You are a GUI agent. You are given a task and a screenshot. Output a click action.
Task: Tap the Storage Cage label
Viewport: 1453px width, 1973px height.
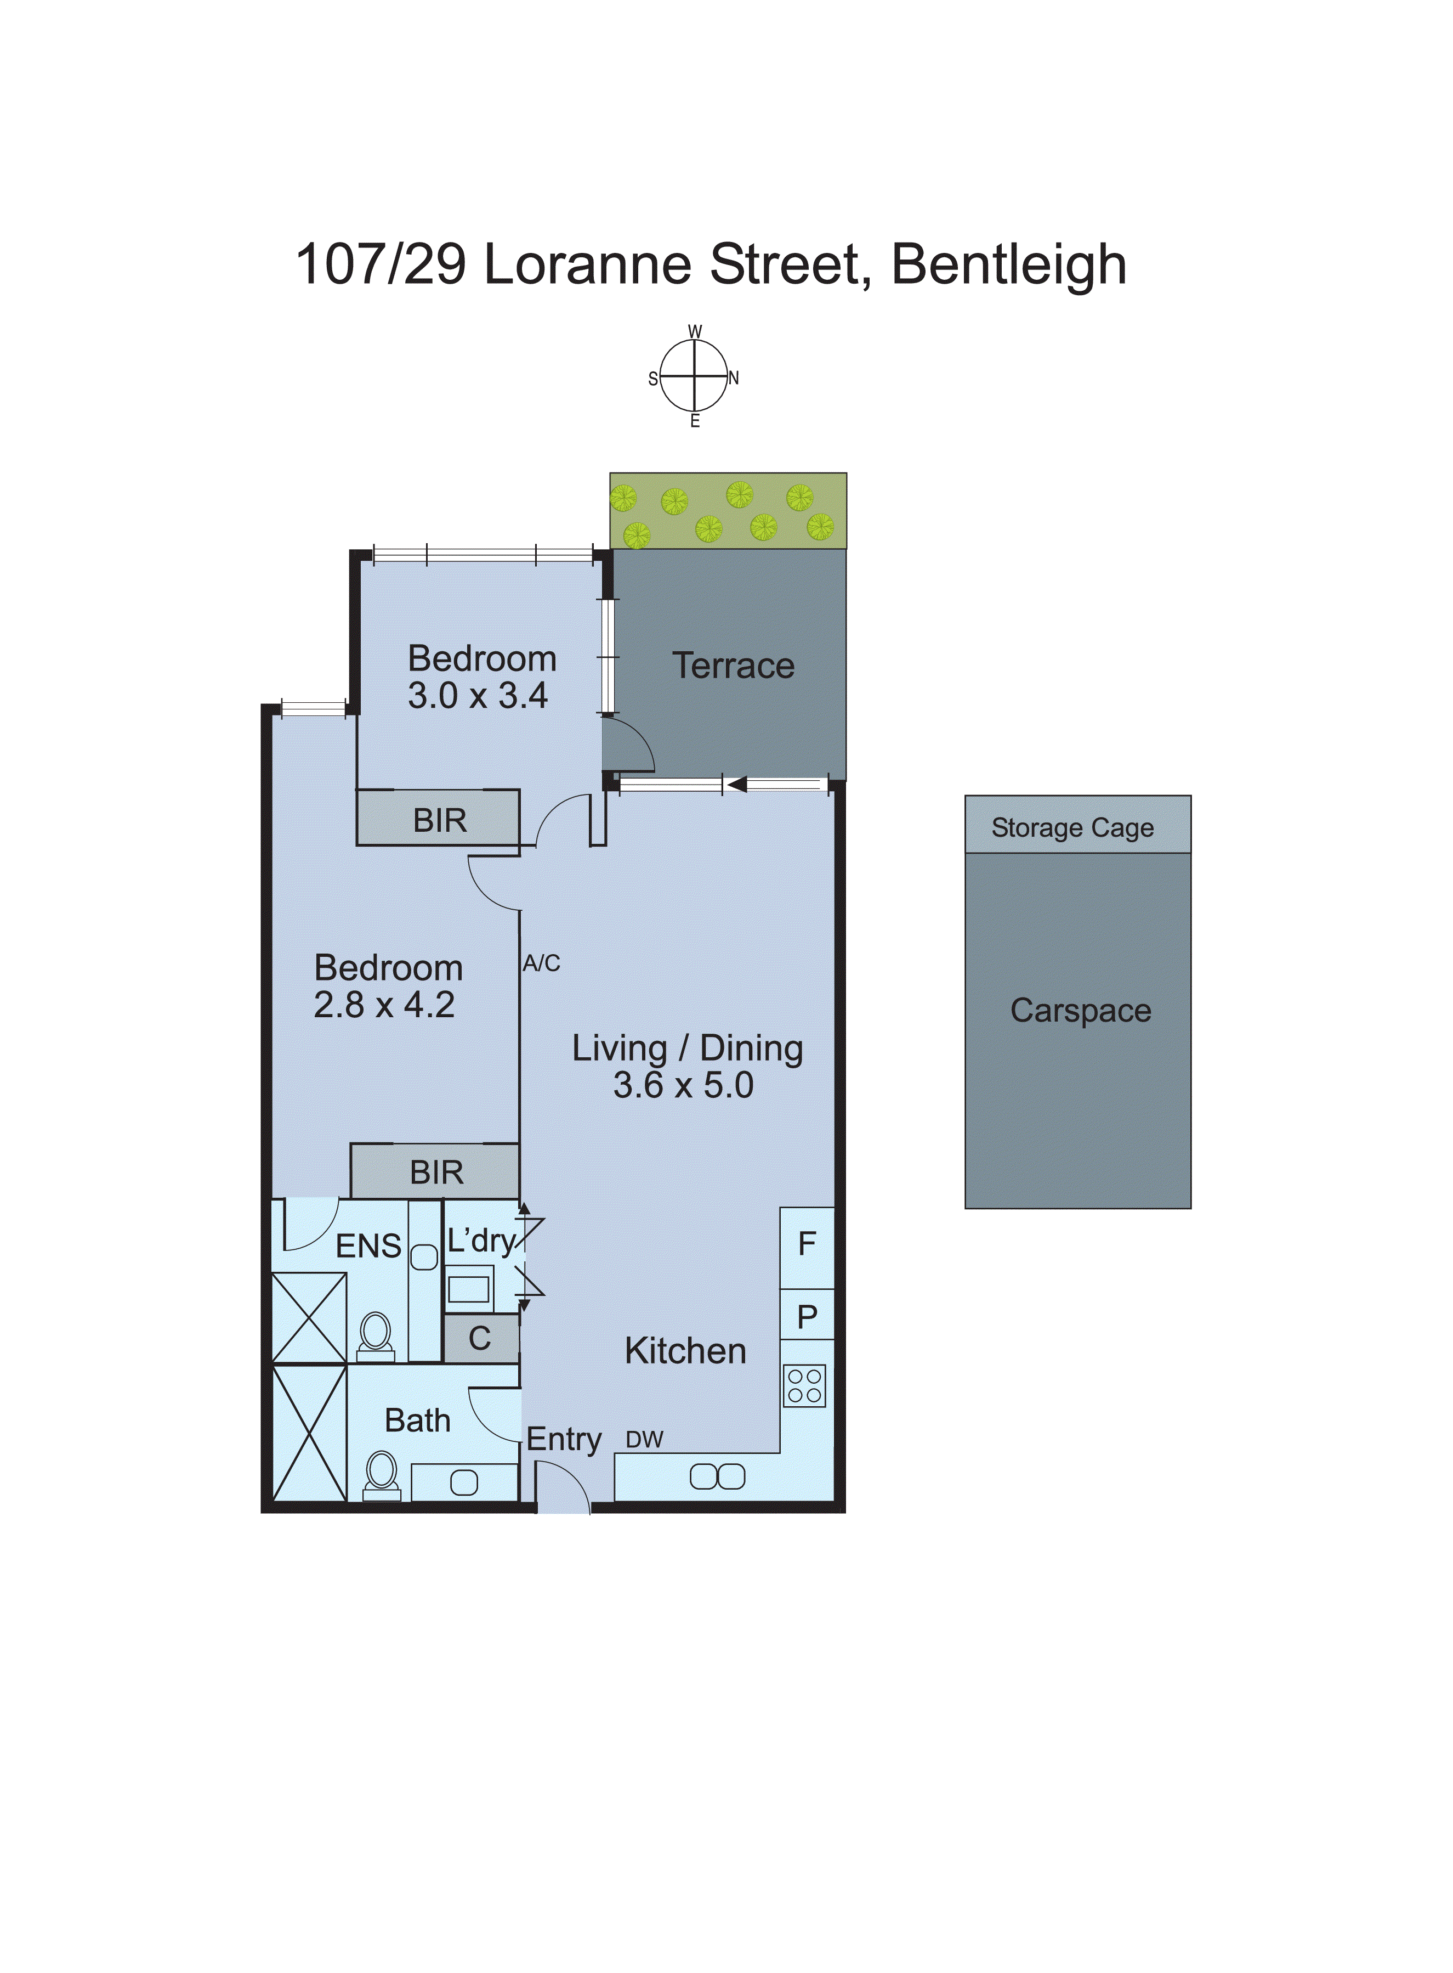[1072, 828]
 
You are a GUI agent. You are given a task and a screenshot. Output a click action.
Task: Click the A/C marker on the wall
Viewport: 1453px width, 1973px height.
[541, 963]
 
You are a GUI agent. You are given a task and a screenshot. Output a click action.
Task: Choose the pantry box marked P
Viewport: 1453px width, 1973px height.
[807, 1317]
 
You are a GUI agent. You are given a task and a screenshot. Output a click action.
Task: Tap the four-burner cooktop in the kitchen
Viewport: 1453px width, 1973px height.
[804, 1385]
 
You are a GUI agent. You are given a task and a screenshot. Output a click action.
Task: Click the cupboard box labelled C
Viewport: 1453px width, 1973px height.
[479, 1339]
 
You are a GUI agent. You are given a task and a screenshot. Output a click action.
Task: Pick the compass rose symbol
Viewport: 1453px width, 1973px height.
[694, 376]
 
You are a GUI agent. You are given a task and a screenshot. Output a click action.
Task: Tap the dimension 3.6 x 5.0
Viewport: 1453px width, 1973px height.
[683, 1086]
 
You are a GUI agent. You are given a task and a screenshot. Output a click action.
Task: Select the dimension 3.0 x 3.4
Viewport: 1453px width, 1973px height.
[478, 696]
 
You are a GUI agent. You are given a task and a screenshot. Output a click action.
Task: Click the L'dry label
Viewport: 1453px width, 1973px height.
[481, 1241]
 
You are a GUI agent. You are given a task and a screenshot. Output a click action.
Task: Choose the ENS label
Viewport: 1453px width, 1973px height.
[368, 1246]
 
